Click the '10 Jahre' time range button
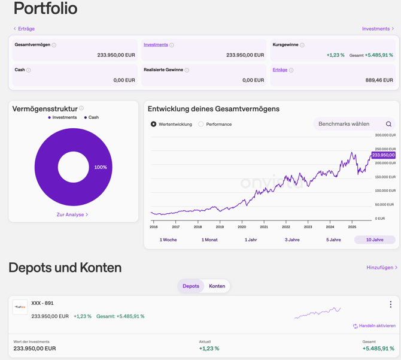pos(375,240)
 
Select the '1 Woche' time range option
pos(168,240)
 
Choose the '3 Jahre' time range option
pos(292,240)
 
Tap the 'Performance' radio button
pos(201,124)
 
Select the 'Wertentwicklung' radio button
pos(154,124)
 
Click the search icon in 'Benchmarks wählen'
pos(388,124)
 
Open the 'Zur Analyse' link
pos(72,214)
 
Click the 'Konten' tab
pos(217,286)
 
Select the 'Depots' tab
pos(191,286)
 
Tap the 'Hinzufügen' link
pos(381,267)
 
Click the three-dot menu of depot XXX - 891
pos(391,304)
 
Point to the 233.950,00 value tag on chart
pos(383,155)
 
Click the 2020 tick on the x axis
pos(242,227)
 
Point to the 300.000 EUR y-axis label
pos(385,135)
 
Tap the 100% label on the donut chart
pos(101,167)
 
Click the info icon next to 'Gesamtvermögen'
pos(54,45)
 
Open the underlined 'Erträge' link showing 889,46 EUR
pos(280,70)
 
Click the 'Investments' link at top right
pos(378,29)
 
